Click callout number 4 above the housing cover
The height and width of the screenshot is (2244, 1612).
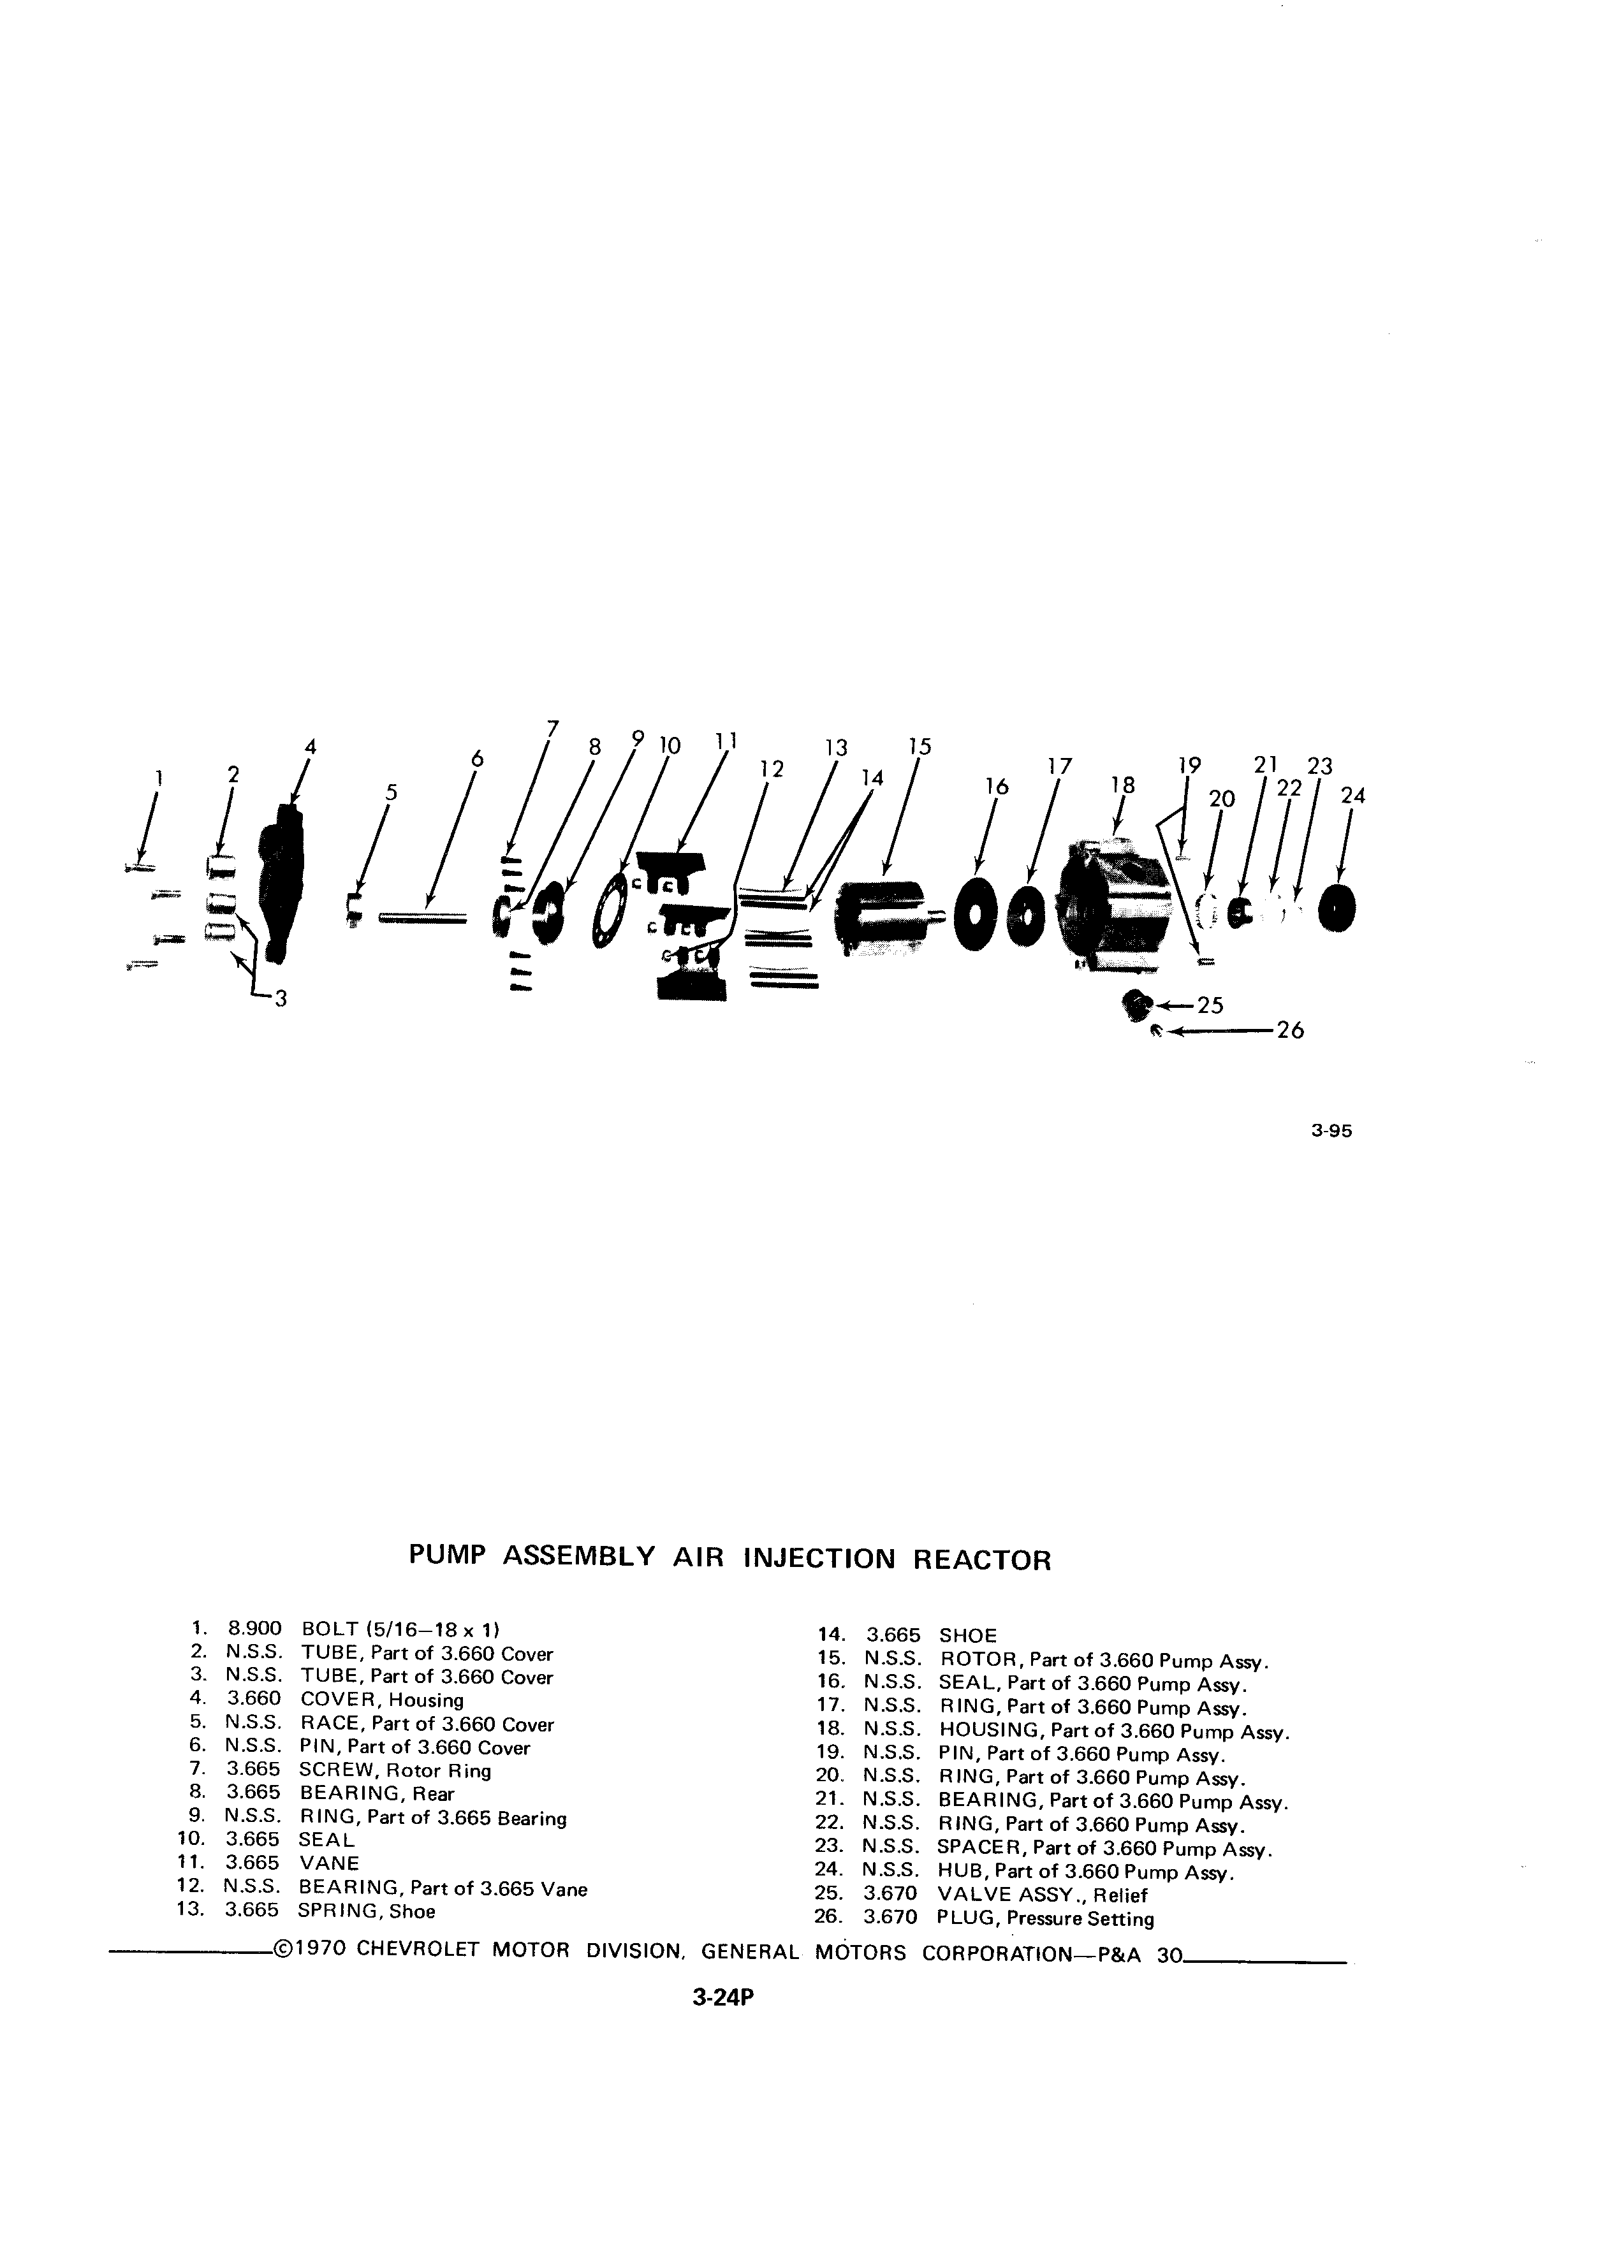[310, 748]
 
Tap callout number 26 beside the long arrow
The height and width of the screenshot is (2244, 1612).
[1291, 1031]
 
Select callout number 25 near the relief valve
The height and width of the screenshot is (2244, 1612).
[1211, 1005]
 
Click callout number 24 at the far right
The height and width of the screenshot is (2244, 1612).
[1352, 796]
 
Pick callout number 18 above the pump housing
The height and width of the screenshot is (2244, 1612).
[1122, 785]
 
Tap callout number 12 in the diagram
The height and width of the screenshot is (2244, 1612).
[772, 769]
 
